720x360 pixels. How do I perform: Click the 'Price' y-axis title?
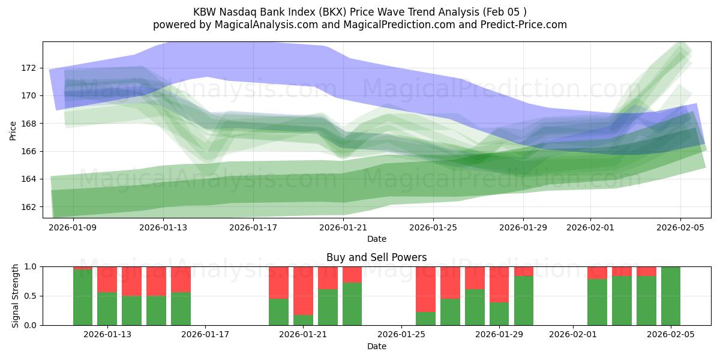[13, 130]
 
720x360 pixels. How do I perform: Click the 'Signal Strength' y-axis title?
[16, 296]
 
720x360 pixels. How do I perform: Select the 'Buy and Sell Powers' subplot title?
[376, 258]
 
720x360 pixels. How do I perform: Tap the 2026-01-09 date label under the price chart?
[73, 227]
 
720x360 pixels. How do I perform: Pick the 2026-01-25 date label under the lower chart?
[401, 335]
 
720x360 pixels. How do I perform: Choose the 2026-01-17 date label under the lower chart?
[205, 335]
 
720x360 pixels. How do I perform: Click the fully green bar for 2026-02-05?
[670, 296]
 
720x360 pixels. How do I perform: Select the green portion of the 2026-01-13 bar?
[107, 308]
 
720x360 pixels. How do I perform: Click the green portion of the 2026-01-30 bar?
[523, 300]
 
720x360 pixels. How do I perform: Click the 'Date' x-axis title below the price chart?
[376, 239]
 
